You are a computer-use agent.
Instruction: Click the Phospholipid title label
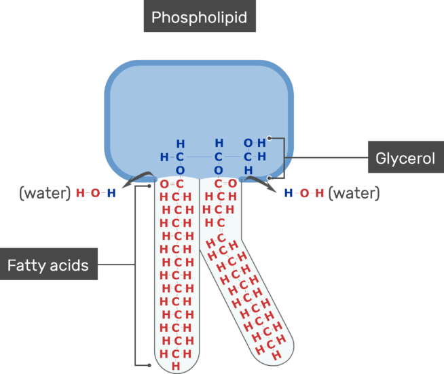[x=199, y=17]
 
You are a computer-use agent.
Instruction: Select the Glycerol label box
[x=405, y=158]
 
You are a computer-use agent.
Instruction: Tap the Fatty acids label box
[x=48, y=265]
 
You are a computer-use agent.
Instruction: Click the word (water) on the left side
[x=45, y=193]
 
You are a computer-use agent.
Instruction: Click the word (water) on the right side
[x=354, y=193]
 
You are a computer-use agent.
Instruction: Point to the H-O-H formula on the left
[x=96, y=193]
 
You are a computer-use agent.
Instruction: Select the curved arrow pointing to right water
[x=257, y=180]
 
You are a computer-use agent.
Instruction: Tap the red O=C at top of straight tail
[x=172, y=184]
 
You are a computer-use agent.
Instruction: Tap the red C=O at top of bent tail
[x=225, y=184]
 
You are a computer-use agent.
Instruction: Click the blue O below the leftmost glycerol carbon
[x=180, y=170]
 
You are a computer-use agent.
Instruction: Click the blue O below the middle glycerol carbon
[x=219, y=170]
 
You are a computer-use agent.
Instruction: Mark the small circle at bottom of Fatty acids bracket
[x=149, y=366]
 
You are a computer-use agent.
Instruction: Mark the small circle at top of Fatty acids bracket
[x=149, y=185]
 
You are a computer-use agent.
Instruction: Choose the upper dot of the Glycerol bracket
[x=270, y=138]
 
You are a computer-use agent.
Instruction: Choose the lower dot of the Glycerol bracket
[x=270, y=178]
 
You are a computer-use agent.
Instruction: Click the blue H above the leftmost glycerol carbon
[x=180, y=144]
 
